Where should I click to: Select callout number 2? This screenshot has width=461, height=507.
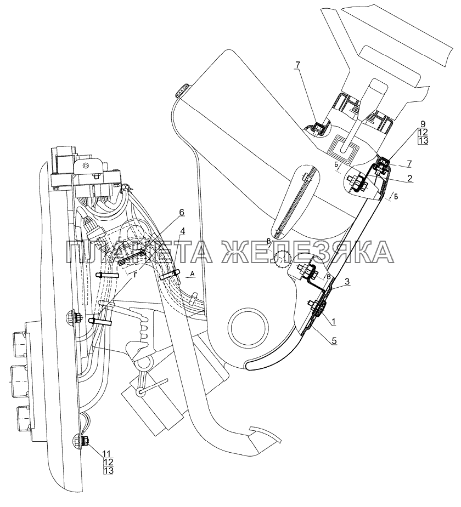tap(410, 178)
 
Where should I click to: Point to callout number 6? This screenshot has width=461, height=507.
tap(182, 212)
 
